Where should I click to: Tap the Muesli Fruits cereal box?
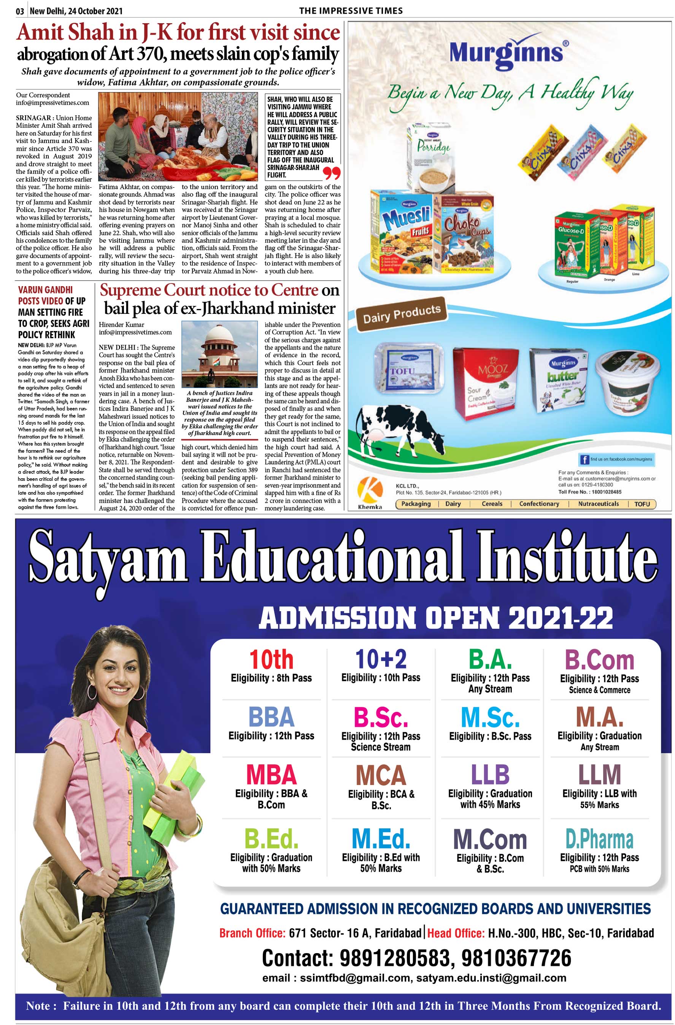pyautogui.click(x=402, y=232)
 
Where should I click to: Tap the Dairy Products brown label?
pyautogui.click(x=401, y=314)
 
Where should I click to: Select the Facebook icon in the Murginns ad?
pyautogui.click(x=584, y=460)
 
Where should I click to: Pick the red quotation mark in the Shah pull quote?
pyautogui.click(x=331, y=173)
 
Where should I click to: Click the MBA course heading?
pyautogui.click(x=271, y=774)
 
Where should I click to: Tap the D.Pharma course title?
pyautogui.click(x=599, y=839)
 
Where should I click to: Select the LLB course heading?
pyautogui.click(x=490, y=774)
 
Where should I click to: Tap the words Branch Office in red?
pyautogui.click(x=252, y=933)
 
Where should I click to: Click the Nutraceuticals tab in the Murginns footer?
pyautogui.click(x=599, y=504)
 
